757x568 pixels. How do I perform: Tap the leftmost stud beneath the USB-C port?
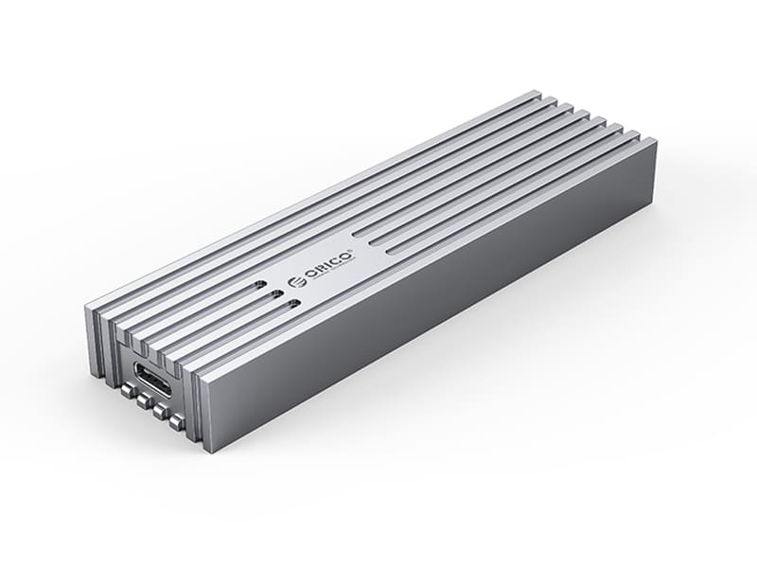129,389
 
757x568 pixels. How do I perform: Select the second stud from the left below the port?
144,399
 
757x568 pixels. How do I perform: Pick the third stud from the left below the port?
160,412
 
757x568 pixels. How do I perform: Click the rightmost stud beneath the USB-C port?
177,423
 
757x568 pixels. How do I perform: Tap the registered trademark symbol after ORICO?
355,250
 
